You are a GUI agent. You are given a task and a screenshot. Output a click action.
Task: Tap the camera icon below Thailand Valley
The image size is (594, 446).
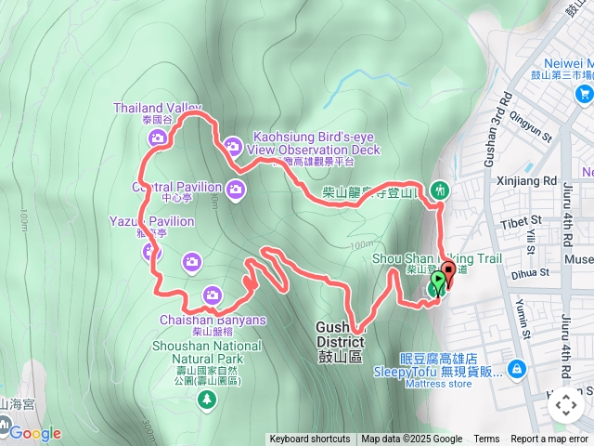[x=157, y=138]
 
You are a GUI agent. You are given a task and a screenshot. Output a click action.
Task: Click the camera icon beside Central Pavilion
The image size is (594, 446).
[x=237, y=190]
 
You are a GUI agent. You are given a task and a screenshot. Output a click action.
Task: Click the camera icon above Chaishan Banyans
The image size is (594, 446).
[x=213, y=296]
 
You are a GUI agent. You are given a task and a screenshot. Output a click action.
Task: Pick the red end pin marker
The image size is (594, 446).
[x=449, y=273]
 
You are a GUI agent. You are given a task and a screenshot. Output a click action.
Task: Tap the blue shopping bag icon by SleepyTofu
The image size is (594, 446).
[x=517, y=370]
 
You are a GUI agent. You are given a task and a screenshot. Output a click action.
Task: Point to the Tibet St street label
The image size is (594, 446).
[x=523, y=220]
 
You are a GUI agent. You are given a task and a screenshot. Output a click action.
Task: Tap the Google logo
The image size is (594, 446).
[x=34, y=433]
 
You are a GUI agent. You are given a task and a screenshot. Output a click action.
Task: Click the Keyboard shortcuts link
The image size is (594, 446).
[x=310, y=439]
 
